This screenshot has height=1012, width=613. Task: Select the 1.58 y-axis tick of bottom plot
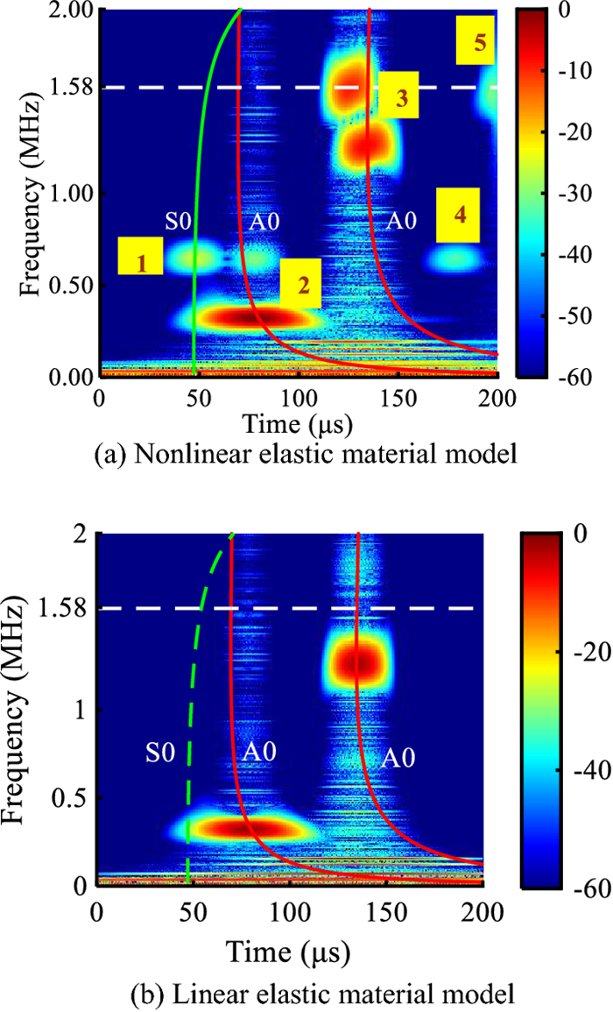(67, 608)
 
